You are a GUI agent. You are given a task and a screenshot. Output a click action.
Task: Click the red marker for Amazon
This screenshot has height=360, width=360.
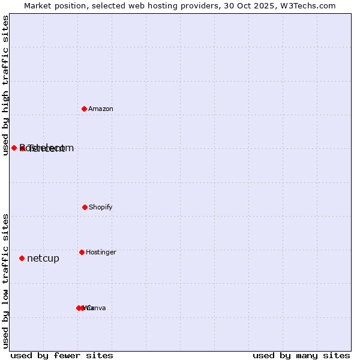click(x=84, y=109)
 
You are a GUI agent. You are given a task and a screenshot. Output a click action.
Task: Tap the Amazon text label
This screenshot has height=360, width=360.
click(x=101, y=109)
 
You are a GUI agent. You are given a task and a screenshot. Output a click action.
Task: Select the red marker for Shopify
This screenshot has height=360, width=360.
click(x=85, y=207)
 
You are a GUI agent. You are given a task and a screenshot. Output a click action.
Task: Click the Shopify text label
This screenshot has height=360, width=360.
click(x=101, y=208)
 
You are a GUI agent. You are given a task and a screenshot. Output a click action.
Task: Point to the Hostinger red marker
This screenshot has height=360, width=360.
click(x=82, y=252)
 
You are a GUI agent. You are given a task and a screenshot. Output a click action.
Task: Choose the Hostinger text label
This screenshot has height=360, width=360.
click(x=101, y=253)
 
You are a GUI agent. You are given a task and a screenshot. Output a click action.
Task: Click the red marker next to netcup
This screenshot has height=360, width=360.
click(x=22, y=258)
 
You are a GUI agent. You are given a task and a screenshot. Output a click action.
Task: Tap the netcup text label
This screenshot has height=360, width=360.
click(x=43, y=259)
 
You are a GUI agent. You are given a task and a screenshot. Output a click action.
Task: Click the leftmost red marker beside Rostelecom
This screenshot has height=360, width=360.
click(x=14, y=148)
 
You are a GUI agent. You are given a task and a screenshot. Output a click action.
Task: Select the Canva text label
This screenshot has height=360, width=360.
click(x=96, y=308)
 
